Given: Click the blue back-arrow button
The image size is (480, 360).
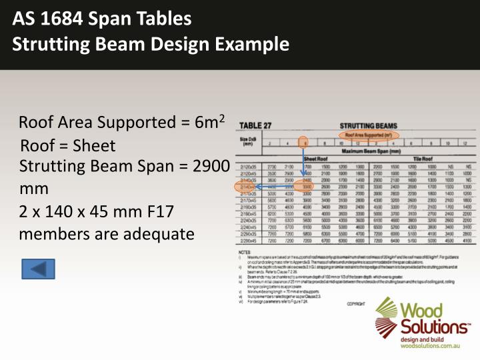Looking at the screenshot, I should (x=38, y=269).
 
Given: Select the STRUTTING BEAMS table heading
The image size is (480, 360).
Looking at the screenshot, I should (x=368, y=125).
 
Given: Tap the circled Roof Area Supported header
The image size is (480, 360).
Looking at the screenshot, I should (x=368, y=134).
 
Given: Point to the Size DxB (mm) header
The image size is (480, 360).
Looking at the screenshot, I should (x=249, y=141).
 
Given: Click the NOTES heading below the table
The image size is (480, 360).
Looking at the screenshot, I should (x=245, y=252).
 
